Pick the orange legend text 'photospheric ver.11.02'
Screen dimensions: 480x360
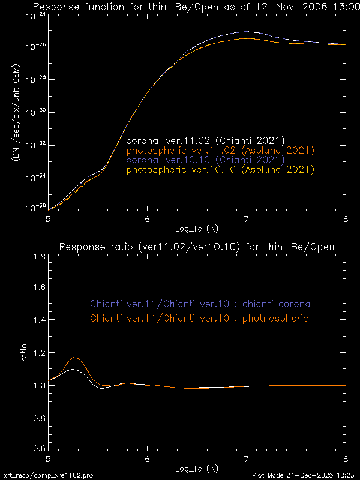pyautogui.click(x=220, y=151)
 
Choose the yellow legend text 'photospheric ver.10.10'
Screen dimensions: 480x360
pyautogui.click(x=220, y=170)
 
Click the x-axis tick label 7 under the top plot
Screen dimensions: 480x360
pyautogui.click(x=247, y=219)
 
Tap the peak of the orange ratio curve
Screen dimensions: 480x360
pyautogui.click(x=75, y=357)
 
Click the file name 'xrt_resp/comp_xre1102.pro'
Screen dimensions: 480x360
pyautogui.click(x=48, y=475)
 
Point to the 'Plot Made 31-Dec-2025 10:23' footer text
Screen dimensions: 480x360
pyautogui.click(x=305, y=475)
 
